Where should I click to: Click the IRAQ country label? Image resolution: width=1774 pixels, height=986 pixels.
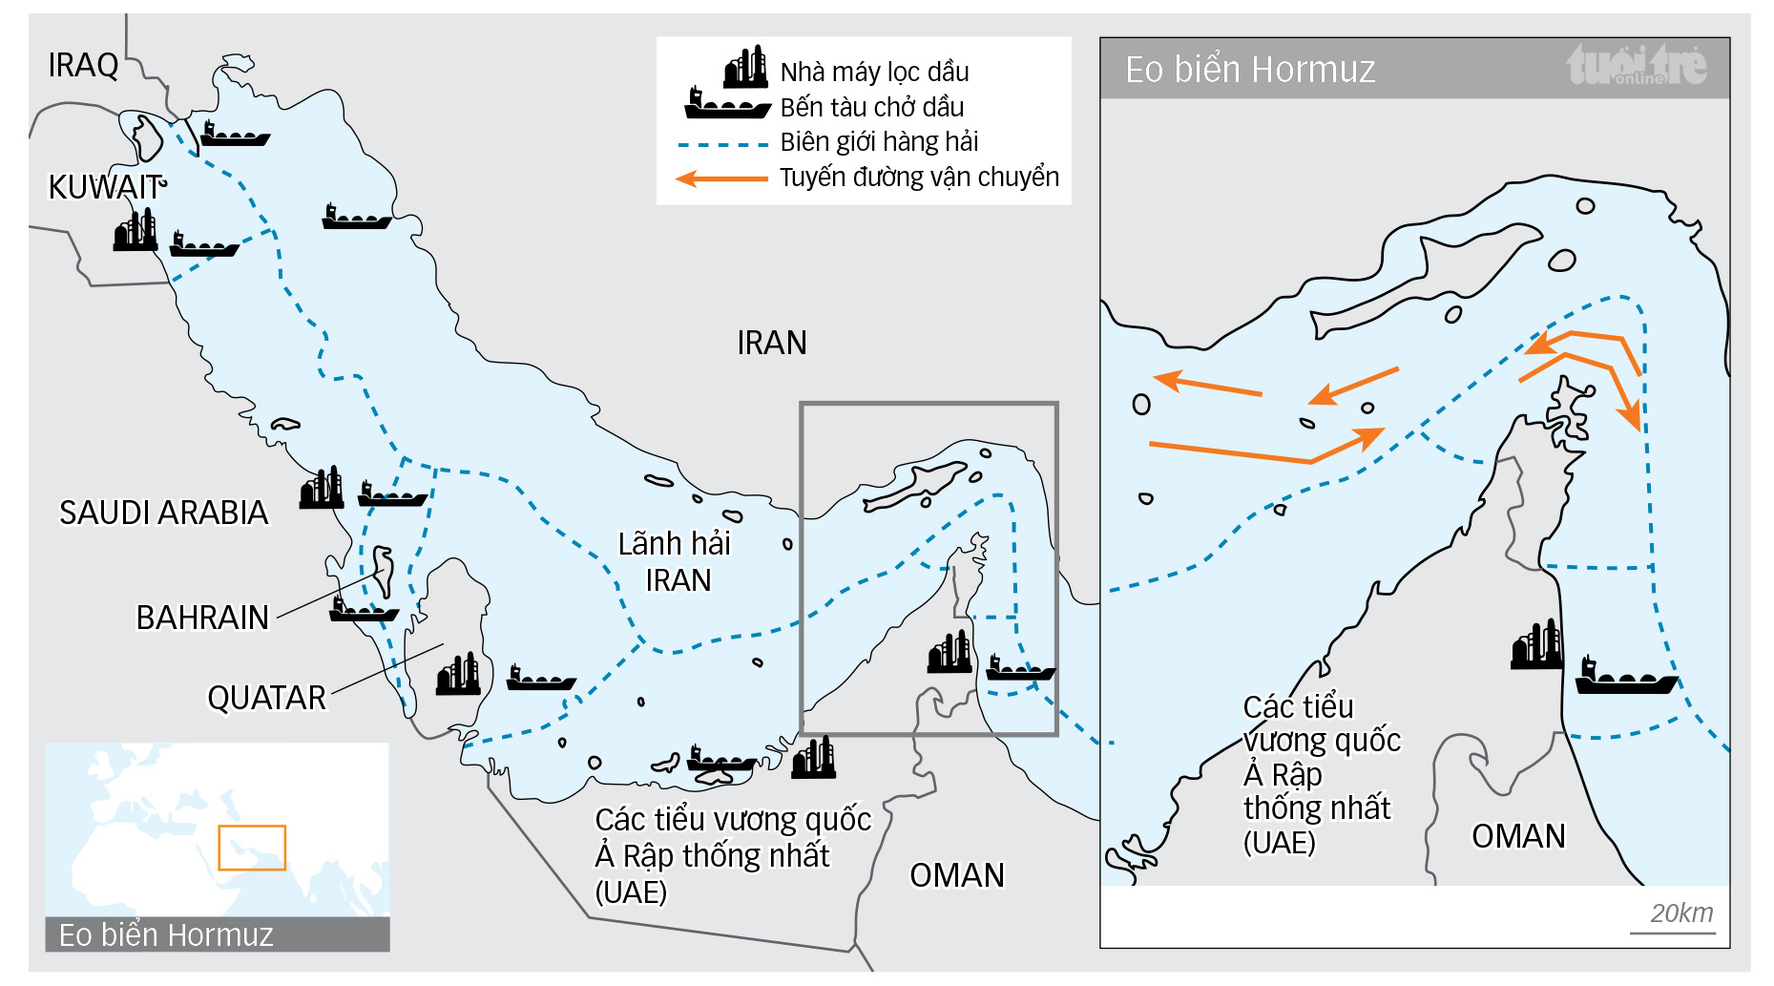click(83, 66)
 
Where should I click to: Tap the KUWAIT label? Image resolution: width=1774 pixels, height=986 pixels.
click(105, 187)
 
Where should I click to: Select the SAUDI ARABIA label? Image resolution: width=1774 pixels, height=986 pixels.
click(164, 513)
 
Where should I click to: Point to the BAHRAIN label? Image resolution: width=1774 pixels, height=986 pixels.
click(202, 618)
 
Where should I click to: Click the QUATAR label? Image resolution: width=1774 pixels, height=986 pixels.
click(266, 698)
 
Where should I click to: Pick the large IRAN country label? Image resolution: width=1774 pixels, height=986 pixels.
click(771, 343)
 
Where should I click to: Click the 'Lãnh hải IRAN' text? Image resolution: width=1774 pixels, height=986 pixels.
click(675, 561)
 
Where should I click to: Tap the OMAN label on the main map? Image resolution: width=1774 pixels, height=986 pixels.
click(956, 875)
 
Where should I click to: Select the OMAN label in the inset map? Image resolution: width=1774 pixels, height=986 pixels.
click(1517, 836)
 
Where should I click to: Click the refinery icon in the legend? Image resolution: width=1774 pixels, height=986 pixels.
click(745, 67)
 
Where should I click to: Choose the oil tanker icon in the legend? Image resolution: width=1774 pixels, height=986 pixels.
click(727, 103)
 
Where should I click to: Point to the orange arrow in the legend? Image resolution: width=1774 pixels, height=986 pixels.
click(721, 178)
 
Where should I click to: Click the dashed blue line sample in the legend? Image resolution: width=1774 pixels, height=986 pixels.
click(722, 145)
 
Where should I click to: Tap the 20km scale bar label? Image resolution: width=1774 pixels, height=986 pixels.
click(1680, 913)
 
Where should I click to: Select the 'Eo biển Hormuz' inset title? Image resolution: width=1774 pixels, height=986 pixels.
click(1249, 70)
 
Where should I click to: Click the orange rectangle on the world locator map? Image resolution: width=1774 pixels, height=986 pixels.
click(252, 848)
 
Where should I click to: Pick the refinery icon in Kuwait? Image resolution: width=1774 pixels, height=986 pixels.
click(135, 231)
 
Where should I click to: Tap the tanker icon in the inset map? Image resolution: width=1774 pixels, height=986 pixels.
click(1624, 677)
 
